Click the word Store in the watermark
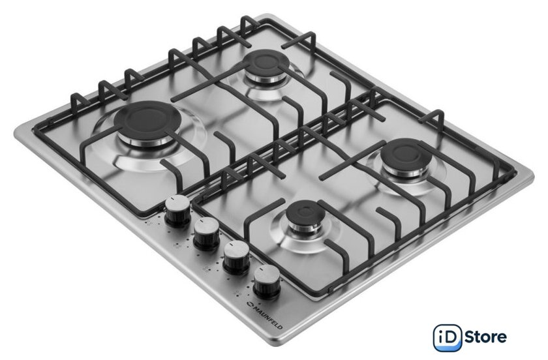point(486,337)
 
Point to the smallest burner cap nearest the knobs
point(301,212)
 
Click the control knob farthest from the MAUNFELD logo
point(177,211)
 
